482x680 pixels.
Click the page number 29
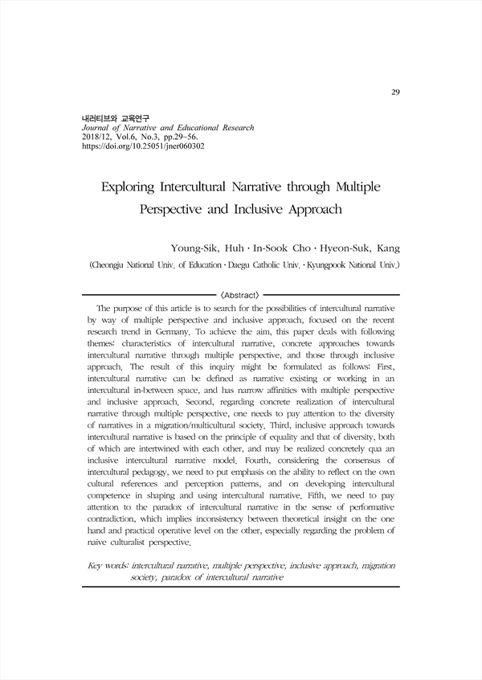(x=396, y=92)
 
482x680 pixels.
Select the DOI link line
(x=138, y=148)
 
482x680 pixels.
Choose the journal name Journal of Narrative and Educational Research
(x=163, y=128)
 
